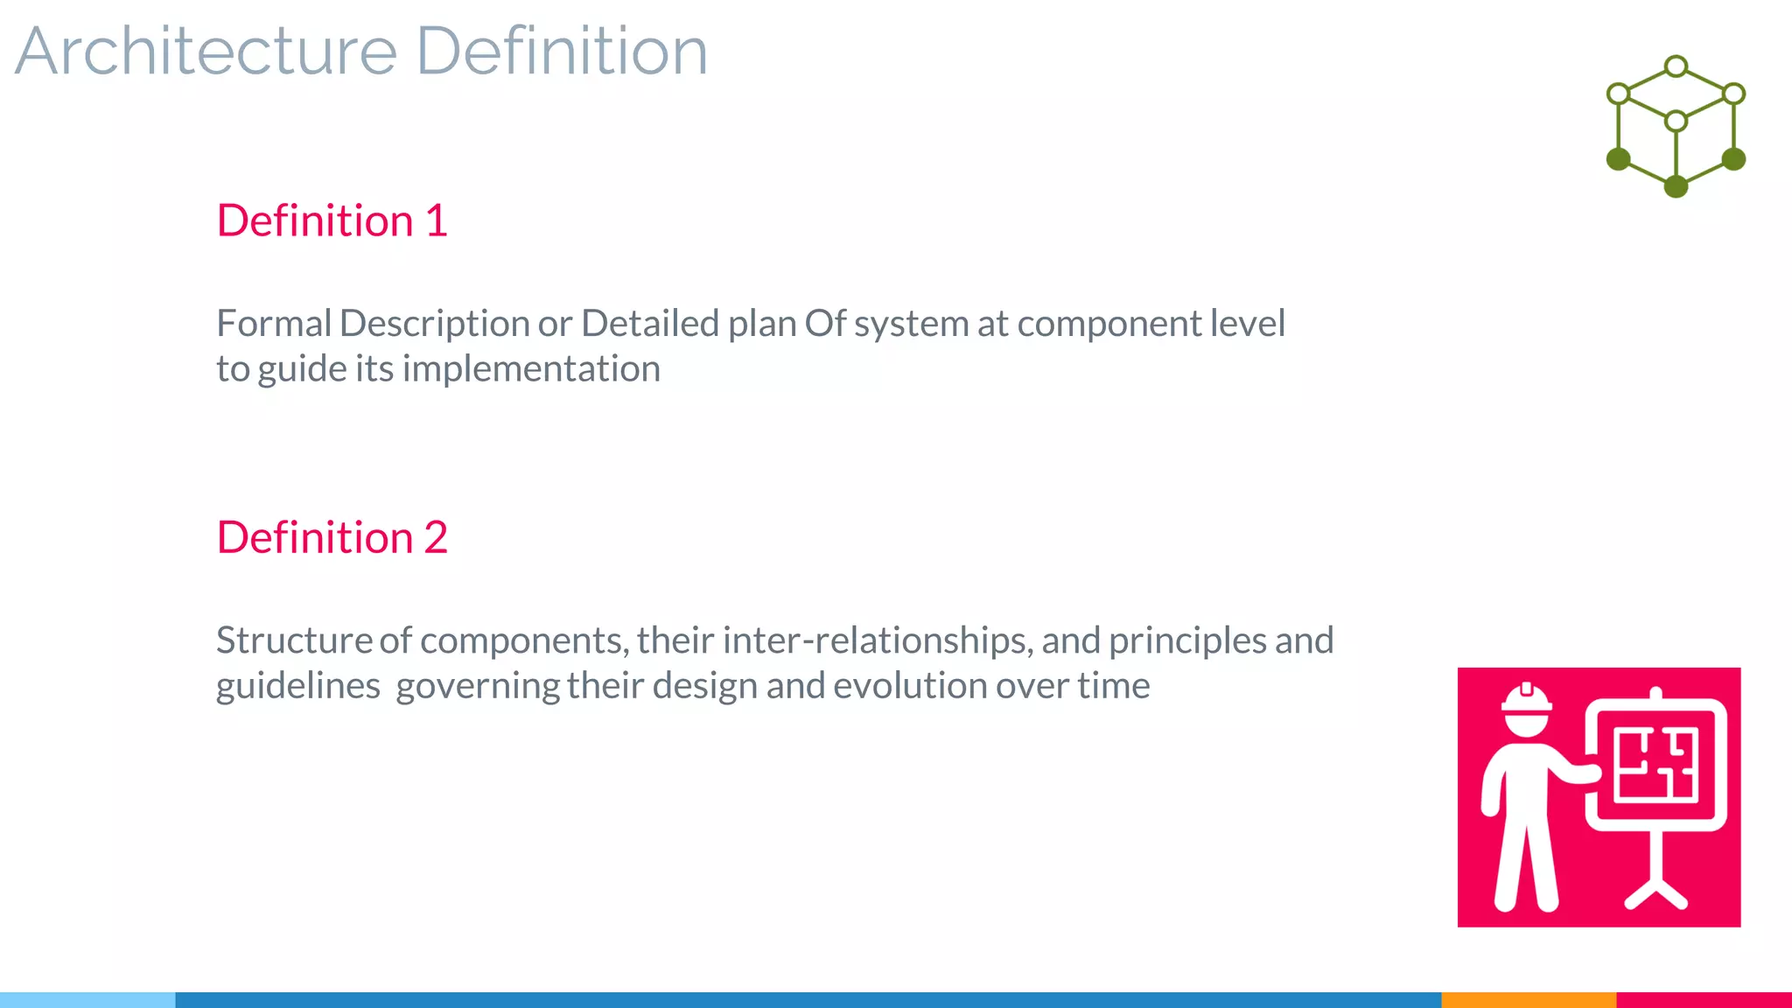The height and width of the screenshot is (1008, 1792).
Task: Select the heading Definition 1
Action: pyautogui.click(x=332, y=220)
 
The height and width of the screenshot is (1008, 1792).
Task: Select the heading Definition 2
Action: pyautogui.click(x=332, y=537)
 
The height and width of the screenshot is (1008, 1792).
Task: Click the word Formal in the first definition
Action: pyautogui.click(x=274, y=324)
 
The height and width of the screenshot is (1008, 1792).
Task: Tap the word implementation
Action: pyautogui.click(x=531, y=369)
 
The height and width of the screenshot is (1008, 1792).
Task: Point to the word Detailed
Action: pyautogui.click(x=649, y=324)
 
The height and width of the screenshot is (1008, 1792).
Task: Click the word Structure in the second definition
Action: pyautogui.click(x=294, y=640)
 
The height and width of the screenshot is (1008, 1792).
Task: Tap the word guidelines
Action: pyautogui.click(x=297, y=686)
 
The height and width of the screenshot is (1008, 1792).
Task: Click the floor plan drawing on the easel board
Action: pyautogui.click(x=1655, y=765)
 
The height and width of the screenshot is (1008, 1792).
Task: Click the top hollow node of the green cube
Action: pyautogui.click(x=1676, y=66)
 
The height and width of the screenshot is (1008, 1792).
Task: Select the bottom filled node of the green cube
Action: pyautogui.click(x=1676, y=186)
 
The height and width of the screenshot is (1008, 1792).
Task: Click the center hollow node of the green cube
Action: pyautogui.click(x=1676, y=121)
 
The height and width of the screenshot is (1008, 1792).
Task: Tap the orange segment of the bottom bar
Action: pyautogui.click(x=1528, y=999)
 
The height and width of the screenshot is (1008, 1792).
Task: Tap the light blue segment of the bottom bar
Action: pyautogui.click(x=87, y=999)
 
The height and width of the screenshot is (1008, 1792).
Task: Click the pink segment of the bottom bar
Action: pyautogui.click(x=1704, y=999)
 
